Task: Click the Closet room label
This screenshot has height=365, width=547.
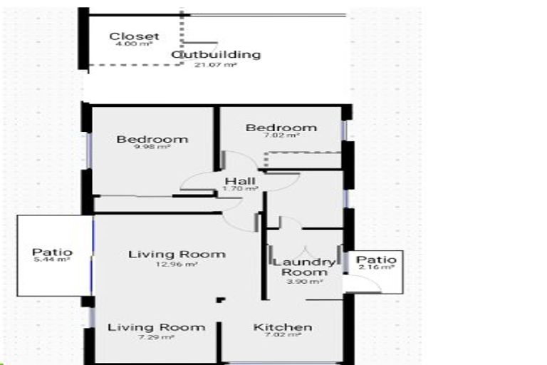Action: (134, 36)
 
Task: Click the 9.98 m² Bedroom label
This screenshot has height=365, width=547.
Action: (152, 139)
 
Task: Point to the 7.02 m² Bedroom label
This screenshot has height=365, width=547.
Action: (281, 128)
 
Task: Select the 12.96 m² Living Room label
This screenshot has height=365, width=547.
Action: (177, 254)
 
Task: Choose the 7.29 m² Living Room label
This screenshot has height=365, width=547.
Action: (156, 327)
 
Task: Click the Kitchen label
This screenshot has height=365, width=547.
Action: (283, 327)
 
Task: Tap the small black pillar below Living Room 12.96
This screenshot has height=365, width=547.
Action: (221, 299)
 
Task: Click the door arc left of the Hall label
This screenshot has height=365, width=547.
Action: (195, 181)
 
